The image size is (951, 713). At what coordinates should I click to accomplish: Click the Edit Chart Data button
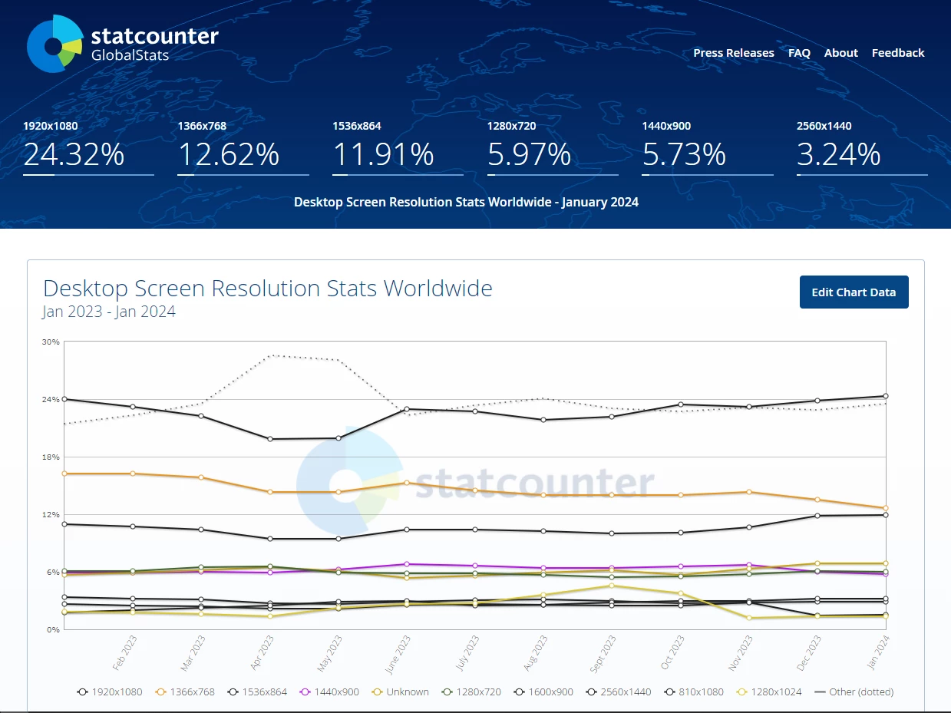[854, 292]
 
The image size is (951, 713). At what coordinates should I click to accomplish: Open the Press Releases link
[733, 53]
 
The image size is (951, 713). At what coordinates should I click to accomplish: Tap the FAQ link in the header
[799, 53]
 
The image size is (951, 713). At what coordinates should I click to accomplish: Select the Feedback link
[897, 53]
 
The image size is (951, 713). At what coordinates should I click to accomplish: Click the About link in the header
[840, 53]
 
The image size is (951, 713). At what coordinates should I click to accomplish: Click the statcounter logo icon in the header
[54, 44]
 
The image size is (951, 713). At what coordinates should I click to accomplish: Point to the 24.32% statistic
[74, 155]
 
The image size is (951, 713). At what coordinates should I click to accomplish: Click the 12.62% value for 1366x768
[229, 155]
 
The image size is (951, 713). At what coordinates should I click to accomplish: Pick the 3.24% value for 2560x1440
[838, 155]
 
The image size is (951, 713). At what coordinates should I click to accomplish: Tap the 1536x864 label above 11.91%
[356, 126]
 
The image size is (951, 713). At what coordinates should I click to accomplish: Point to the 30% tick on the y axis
[51, 342]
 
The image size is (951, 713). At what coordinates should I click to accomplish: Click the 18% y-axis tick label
[51, 457]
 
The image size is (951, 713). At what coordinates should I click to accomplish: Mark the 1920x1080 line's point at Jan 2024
[886, 396]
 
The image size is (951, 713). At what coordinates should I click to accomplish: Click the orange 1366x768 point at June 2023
[407, 483]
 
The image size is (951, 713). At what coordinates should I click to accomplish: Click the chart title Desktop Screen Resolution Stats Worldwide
[268, 289]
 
